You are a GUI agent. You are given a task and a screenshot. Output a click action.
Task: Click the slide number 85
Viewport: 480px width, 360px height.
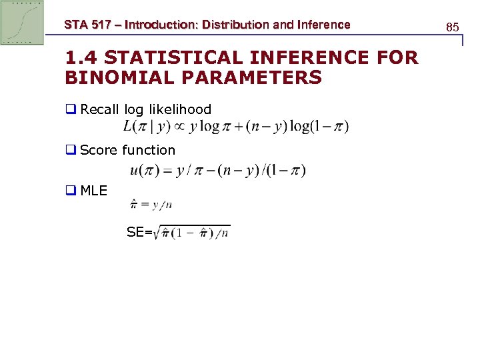click(x=452, y=27)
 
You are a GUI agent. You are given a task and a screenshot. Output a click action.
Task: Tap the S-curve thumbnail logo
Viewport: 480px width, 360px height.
click(x=22, y=22)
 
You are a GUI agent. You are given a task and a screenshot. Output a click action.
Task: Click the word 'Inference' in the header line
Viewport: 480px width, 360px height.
click(x=324, y=25)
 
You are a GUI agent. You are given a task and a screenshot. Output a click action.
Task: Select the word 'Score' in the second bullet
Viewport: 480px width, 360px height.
click(x=99, y=150)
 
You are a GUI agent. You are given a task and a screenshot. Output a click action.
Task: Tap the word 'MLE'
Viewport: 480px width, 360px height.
click(x=93, y=191)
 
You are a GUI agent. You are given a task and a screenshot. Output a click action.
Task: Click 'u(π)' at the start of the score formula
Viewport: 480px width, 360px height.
click(x=143, y=170)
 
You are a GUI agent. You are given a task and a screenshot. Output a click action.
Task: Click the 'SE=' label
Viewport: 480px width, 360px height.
click(x=139, y=233)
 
